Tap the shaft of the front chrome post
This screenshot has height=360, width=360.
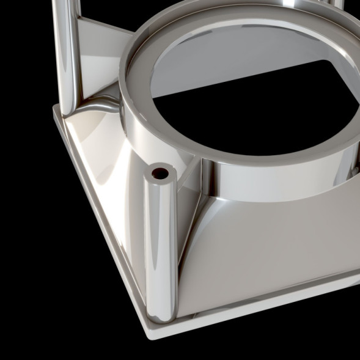tap(160, 244)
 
